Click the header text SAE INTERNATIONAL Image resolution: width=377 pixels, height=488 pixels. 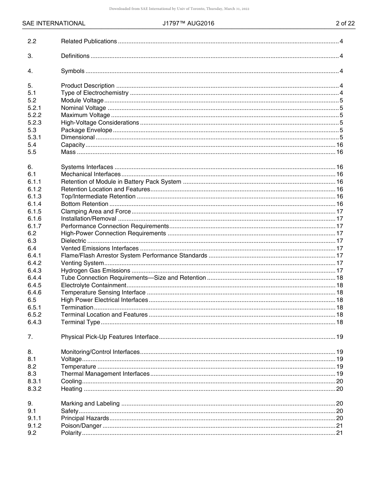point(54,23)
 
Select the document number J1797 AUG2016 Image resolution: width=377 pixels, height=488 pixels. point(188,23)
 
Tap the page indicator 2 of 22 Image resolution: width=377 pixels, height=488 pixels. point(345,23)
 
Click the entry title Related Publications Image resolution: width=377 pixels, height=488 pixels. point(89,41)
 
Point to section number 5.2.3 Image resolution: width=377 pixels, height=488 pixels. point(35,123)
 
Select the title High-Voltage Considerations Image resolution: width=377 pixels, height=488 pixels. point(100,123)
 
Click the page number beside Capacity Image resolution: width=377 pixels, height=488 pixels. point(339,145)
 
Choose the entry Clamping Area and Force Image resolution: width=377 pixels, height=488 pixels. point(96,211)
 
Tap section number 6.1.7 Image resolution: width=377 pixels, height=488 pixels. point(35,226)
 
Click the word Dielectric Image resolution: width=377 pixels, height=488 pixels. point(73,241)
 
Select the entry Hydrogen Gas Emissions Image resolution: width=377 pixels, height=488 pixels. point(95,271)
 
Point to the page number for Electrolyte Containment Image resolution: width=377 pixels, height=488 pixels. point(339,285)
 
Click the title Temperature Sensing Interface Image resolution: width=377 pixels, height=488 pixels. point(103,292)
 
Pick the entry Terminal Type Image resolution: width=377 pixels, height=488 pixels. point(81,322)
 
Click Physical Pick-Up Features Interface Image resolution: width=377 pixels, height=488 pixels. point(110,337)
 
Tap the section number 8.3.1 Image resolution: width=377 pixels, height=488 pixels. point(35,381)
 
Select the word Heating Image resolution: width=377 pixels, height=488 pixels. point(71,389)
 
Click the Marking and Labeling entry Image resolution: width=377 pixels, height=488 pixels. point(90,403)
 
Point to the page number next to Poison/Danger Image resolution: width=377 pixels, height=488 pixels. point(339,426)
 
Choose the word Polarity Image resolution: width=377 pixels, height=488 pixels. point(71,433)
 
